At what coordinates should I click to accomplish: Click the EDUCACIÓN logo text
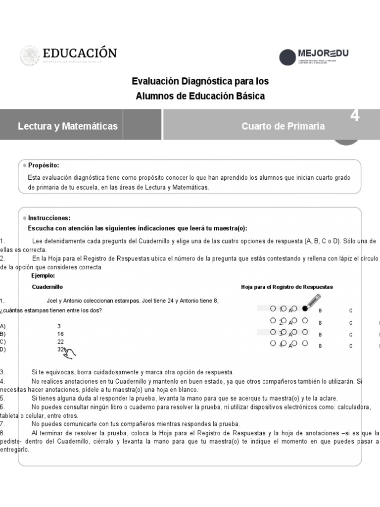(80, 53)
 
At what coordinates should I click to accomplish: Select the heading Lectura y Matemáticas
(68, 126)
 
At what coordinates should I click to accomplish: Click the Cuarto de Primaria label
(283, 126)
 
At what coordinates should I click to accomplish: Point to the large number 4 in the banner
(355, 116)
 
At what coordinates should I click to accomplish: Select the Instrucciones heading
(49, 218)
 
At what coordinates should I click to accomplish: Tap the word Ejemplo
(43, 276)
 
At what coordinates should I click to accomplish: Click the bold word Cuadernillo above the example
(47, 287)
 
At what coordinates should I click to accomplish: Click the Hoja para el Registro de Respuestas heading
(287, 287)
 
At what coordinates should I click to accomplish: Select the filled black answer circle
(305, 308)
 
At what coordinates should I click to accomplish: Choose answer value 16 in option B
(60, 334)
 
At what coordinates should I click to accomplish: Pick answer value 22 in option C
(60, 342)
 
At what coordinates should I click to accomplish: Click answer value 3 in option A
(59, 326)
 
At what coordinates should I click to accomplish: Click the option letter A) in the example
(3, 326)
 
